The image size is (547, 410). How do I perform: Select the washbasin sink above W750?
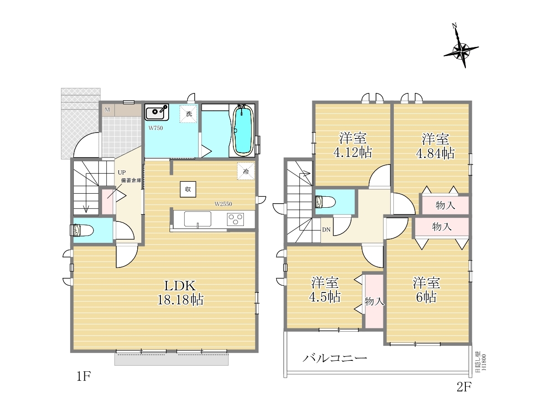point(156,112)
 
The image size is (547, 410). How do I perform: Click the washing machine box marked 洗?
point(189,114)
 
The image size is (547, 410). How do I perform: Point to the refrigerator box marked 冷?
point(246,171)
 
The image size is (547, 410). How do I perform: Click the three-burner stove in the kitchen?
point(235,219)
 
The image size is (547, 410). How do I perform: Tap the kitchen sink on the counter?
point(198,219)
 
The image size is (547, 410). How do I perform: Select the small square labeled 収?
point(188,189)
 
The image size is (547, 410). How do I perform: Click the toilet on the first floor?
point(82,230)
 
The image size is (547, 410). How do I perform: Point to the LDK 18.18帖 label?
point(181,292)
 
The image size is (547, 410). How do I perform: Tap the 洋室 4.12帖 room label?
point(353,145)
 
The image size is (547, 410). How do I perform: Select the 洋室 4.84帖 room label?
point(435,146)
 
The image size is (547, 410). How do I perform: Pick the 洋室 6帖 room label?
point(426,290)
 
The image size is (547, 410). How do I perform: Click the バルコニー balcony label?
point(335,359)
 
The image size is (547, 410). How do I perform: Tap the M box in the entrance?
point(108,110)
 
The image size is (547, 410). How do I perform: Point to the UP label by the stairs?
point(122,172)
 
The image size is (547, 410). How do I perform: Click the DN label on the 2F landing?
point(326,230)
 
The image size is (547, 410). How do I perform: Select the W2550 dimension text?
point(223,204)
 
